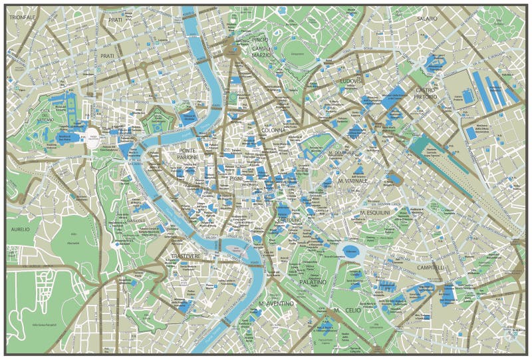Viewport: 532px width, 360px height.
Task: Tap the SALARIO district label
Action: click(x=428, y=19)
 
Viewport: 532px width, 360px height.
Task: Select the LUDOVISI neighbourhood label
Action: click(x=350, y=81)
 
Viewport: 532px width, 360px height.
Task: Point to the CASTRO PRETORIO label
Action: click(x=426, y=93)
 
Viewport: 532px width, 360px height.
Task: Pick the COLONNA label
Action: click(x=273, y=130)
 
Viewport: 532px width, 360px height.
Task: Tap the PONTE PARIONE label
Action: click(x=188, y=154)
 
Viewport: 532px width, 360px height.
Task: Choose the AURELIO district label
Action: click(x=21, y=229)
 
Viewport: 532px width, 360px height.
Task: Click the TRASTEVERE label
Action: click(x=185, y=256)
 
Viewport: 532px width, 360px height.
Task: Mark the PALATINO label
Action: click(x=313, y=282)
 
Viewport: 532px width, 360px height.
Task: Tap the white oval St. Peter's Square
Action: click(x=94, y=137)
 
